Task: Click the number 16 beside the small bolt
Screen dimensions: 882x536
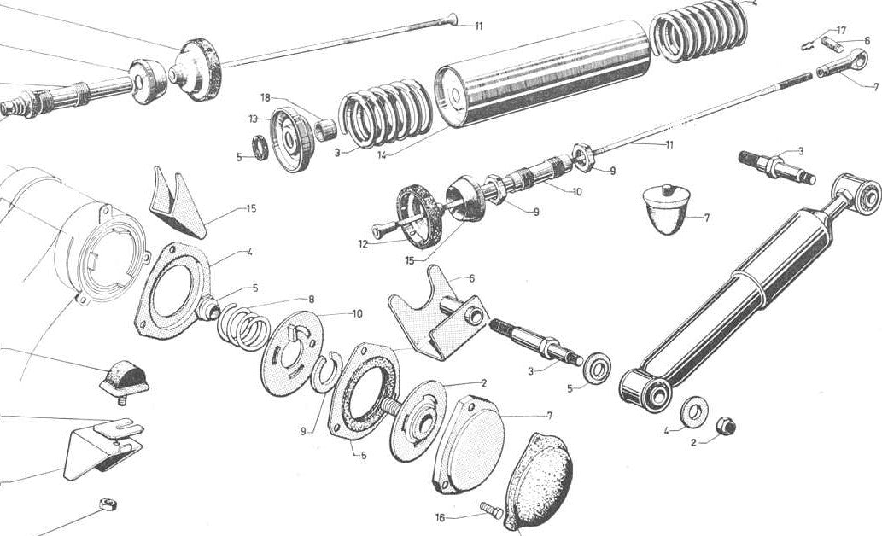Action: [441, 517]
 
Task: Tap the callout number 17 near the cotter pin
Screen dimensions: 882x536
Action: [841, 30]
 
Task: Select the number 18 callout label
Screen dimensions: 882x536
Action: [266, 97]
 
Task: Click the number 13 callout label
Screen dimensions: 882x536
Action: [253, 119]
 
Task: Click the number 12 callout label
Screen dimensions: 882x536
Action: [363, 244]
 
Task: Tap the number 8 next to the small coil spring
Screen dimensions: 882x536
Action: [311, 300]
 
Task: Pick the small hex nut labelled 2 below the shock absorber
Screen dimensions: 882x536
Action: [727, 427]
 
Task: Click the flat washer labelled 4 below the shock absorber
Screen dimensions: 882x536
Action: [694, 410]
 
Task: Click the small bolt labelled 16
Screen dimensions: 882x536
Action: [492, 510]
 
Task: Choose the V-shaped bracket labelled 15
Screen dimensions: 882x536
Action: [179, 202]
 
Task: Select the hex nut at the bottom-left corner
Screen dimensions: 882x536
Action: [108, 504]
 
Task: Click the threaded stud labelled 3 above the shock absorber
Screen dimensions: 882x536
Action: [777, 166]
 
